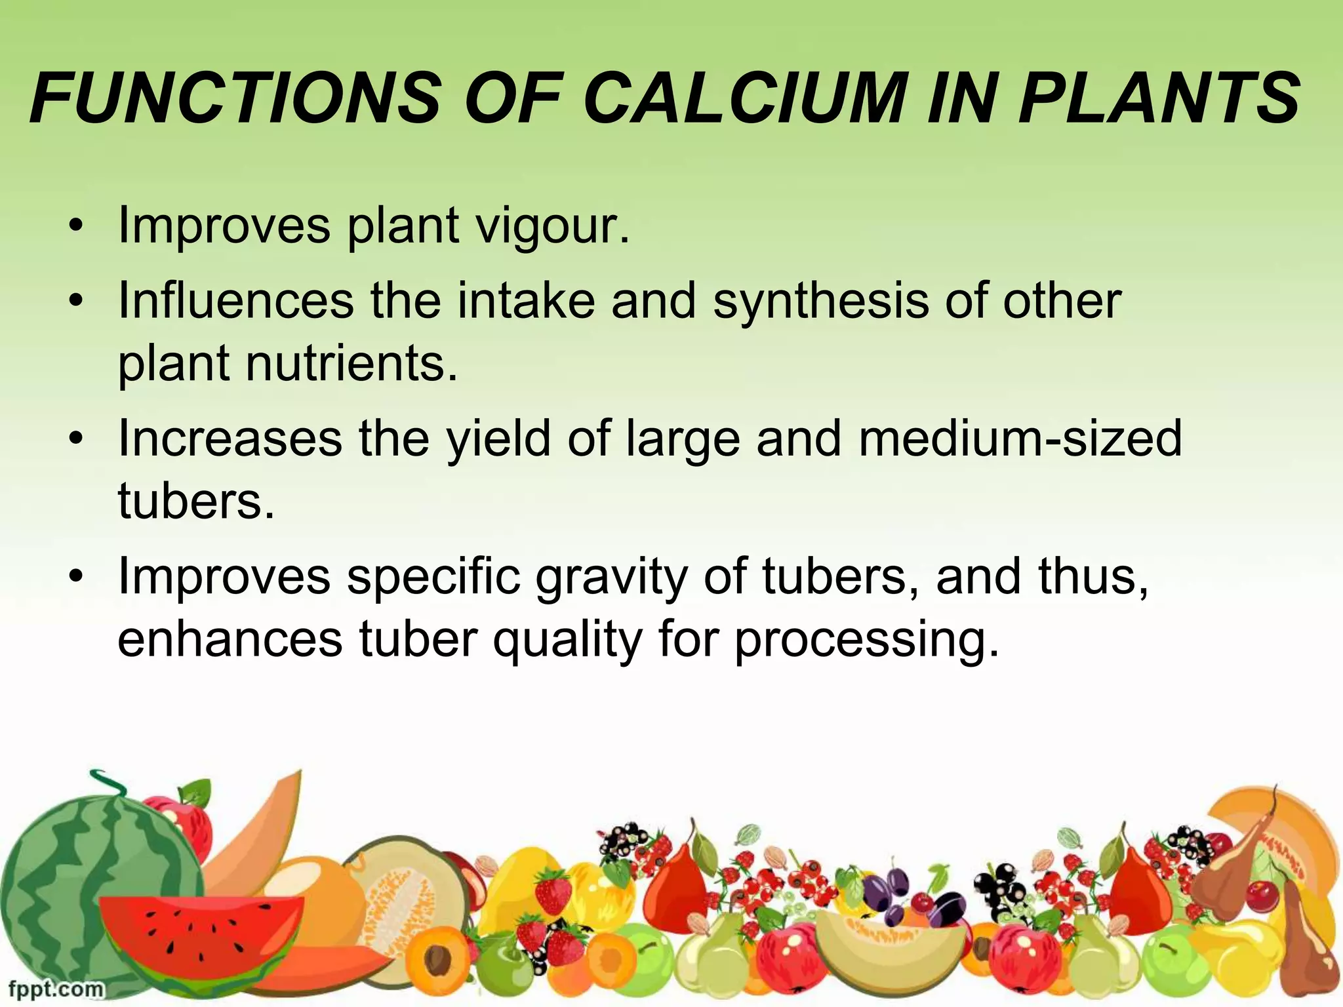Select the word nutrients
coord(351,364)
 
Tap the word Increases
coord(230,439)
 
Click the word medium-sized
coord(1020,439)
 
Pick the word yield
coord(498,439)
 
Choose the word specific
coord(433,578)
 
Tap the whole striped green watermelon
coord(85,892)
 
